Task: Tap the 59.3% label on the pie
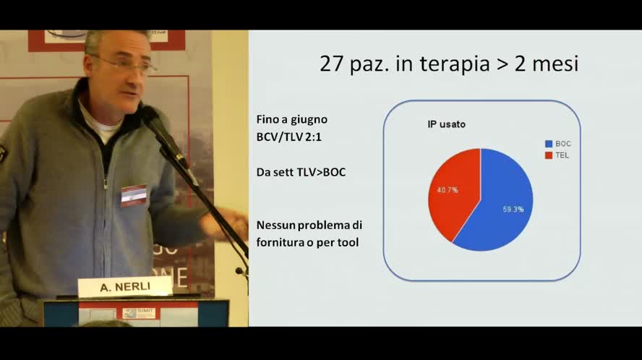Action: point(513,209)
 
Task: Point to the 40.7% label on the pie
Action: point(446,190)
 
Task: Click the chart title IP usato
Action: point(446,124)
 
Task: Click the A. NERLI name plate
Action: point(124,287)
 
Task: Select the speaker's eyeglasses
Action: point(130,65)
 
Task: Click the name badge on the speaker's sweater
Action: point(134,195)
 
